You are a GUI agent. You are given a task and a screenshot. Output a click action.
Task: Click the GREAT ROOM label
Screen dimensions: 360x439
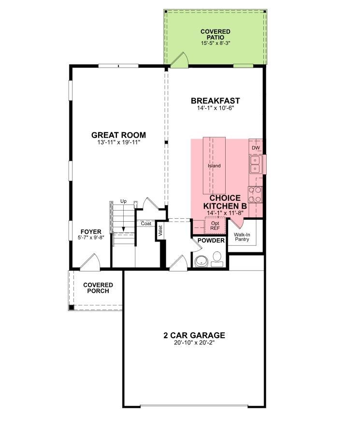(118, 135)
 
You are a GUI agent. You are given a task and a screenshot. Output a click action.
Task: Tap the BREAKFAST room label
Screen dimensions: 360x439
(215, 100)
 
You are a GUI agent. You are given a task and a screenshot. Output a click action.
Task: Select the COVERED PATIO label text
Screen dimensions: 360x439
(216, 34)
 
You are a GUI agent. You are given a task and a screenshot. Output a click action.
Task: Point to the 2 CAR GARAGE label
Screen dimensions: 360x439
(194, 335)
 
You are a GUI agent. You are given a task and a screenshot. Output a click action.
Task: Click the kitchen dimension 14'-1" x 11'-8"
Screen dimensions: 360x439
(225, 213)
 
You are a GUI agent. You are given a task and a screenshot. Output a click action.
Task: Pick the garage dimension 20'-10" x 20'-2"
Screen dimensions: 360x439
(194, 342)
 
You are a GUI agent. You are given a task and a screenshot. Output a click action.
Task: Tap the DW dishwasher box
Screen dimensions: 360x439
(256, 148)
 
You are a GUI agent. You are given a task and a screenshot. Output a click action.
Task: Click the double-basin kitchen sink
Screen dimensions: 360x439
(255, 165)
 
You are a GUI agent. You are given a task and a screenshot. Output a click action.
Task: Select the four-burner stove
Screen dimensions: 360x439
(255, 195)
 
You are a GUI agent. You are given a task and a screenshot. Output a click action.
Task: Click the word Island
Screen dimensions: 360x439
(214, 166)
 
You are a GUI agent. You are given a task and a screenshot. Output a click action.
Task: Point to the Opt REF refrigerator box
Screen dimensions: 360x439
(215, 226)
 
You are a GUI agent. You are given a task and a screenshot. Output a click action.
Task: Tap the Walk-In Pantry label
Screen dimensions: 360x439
(242, 237)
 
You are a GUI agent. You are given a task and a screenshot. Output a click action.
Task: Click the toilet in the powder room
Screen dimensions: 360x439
(217, 259)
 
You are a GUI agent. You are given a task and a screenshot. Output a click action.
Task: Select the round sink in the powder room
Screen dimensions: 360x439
(202, 261)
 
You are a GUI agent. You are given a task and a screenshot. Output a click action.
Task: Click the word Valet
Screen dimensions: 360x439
(160, 231)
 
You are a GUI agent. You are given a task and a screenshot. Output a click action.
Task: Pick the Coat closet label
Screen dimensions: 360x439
(146, 224)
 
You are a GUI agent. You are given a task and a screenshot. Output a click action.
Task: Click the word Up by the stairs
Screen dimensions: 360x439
(123, 201)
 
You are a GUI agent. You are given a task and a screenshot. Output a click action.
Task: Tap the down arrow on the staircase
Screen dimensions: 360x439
(123, 219)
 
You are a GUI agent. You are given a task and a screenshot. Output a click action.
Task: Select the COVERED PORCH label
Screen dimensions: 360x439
(98, 288)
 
